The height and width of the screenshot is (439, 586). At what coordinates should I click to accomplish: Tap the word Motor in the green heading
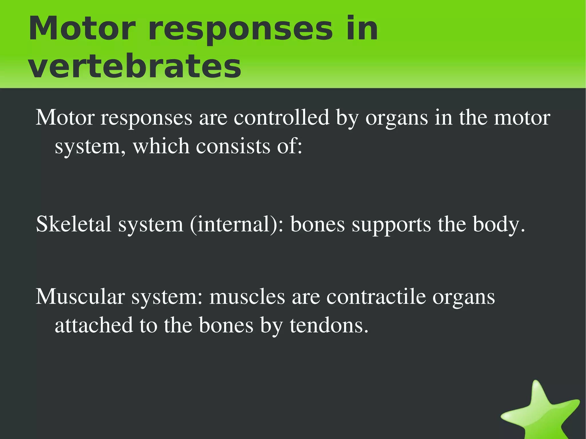pyautogui.click(x=82, y=29)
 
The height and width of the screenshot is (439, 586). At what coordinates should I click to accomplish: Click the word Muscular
pyautogui.click(x=80, y=297)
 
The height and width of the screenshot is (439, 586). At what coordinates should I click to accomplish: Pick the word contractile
pyautogui.click(x=376, y=297)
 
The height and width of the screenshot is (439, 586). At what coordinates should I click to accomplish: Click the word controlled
pyautogui.click(x=282, y=118)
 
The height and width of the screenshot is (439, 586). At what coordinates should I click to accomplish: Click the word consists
pyautogui.click(x=233, y=146)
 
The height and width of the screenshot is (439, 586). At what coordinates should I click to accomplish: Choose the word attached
pyautogui.click(x=94, y=325)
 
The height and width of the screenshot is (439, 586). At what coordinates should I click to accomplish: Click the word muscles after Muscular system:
pyautogui.click(x=247, y=297)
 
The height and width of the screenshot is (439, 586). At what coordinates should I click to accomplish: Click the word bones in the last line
pyautogui.click(x=226, y=325)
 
